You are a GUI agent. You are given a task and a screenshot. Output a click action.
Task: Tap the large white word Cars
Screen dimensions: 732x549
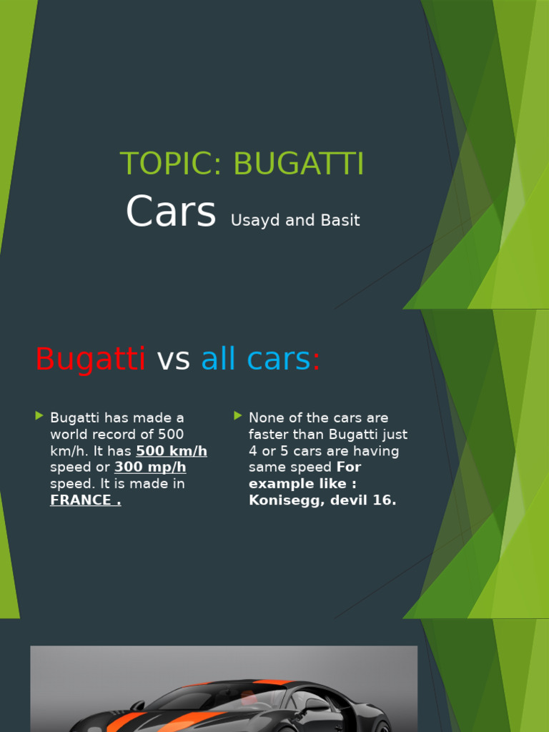point(171,212)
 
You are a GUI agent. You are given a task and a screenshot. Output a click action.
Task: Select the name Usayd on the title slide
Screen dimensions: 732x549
point(255,220)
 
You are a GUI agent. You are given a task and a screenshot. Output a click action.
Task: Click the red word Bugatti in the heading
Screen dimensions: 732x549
point(91,358)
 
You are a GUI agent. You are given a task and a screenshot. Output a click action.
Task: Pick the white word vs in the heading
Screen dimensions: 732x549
point(173,358)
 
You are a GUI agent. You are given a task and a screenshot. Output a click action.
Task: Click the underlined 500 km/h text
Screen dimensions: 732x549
point(172,451)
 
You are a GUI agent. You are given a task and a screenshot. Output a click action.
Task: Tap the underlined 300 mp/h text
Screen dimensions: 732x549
point(150,468)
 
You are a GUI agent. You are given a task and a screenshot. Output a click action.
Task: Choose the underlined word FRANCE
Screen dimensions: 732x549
point(83,500)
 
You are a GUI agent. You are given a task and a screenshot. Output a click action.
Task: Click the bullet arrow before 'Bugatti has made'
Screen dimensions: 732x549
point(39,416)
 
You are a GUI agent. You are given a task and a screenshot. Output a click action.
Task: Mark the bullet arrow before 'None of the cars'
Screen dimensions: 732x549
point(238,416)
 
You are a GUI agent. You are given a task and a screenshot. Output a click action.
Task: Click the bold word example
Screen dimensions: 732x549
point(279,484)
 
